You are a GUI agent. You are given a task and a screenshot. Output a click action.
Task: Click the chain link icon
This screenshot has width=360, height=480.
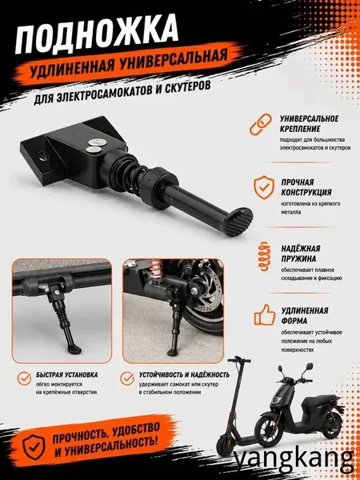[x=261, y=124]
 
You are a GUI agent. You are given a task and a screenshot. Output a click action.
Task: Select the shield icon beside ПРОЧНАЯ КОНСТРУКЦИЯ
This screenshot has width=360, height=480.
[x=264, y=187]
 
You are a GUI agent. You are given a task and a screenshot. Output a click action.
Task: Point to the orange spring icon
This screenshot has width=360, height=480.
[x=264, y=256]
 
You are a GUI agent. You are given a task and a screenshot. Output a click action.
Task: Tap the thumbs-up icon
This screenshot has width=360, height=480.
[x=265, y=314]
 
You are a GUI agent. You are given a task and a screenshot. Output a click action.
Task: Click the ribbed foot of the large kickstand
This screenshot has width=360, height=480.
[x=241, y=222]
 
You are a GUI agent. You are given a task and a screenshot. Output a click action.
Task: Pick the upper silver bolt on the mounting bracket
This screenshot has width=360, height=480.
[x=95, y=142]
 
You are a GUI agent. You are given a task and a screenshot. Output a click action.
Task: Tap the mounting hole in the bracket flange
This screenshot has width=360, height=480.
[x=42, y=157]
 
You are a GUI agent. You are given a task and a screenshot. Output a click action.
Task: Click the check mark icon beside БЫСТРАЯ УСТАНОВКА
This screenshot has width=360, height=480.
[x=24, y=378]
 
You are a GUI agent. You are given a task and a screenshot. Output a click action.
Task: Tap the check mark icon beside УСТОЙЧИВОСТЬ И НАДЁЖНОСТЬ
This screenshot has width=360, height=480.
[x=127, y=378]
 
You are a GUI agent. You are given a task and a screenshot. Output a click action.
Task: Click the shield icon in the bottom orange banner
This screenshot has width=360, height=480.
[x=34, y=447]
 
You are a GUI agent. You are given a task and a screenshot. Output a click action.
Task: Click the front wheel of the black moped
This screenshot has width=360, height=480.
[x=268, y=430]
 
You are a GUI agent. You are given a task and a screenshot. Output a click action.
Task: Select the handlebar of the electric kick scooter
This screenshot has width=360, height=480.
[x=238, y=359]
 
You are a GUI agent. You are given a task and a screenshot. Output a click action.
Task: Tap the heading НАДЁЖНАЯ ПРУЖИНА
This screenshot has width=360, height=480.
[x=301, y=254]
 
